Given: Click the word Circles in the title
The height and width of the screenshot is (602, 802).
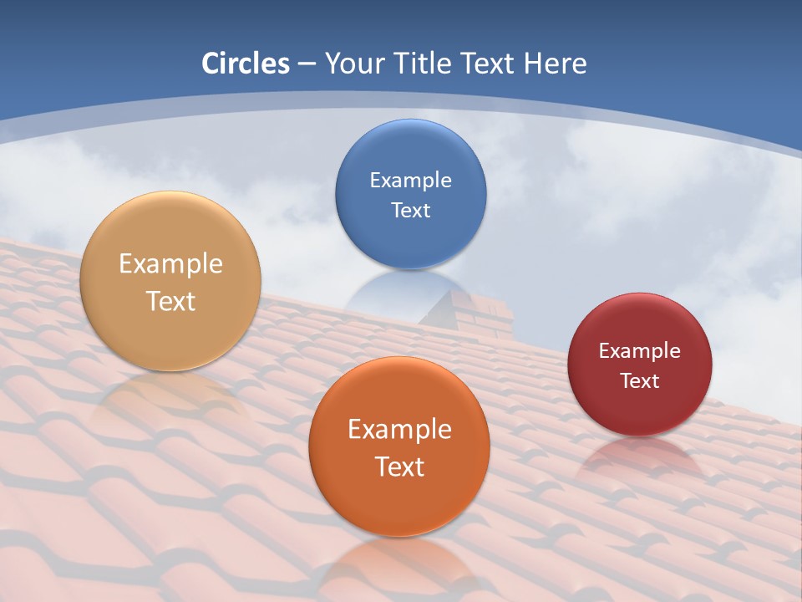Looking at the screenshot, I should tap(246, 64).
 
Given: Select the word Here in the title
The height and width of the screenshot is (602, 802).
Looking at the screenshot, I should tap(554, 64).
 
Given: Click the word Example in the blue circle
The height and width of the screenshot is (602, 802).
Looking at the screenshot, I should tap(410, 180).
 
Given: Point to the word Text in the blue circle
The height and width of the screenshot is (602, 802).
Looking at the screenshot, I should tap(410, 210).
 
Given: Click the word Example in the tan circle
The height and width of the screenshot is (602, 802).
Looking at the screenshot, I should tap(170, 263).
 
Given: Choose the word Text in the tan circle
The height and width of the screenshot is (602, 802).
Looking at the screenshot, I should tap(170, 301).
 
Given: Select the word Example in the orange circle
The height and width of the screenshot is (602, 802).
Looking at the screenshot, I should tap(399, 429).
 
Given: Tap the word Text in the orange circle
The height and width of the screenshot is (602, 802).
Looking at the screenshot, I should tap(399, 467).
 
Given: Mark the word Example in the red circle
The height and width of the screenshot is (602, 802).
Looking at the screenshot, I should tap(639, 350).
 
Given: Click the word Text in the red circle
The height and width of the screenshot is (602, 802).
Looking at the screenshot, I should tap(639, 380).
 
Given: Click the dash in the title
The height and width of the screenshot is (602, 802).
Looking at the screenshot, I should tap(307, 64).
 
